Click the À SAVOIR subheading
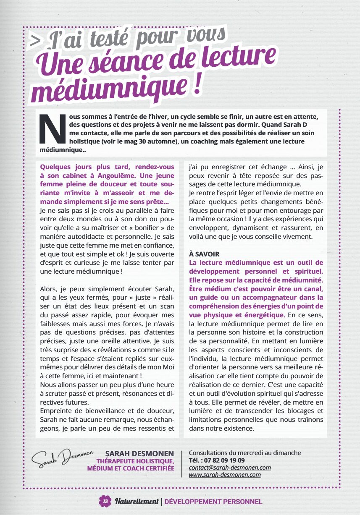[204, 254]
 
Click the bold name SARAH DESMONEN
[139, 453]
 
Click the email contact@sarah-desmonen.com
[230, 468]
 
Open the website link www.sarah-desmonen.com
[225, 475]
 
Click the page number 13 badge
[105, 501]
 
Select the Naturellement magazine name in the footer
[137, 502]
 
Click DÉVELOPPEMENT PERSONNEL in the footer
[213, 502]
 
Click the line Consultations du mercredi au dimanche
[245, 453]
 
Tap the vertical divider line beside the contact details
[181, 464]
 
